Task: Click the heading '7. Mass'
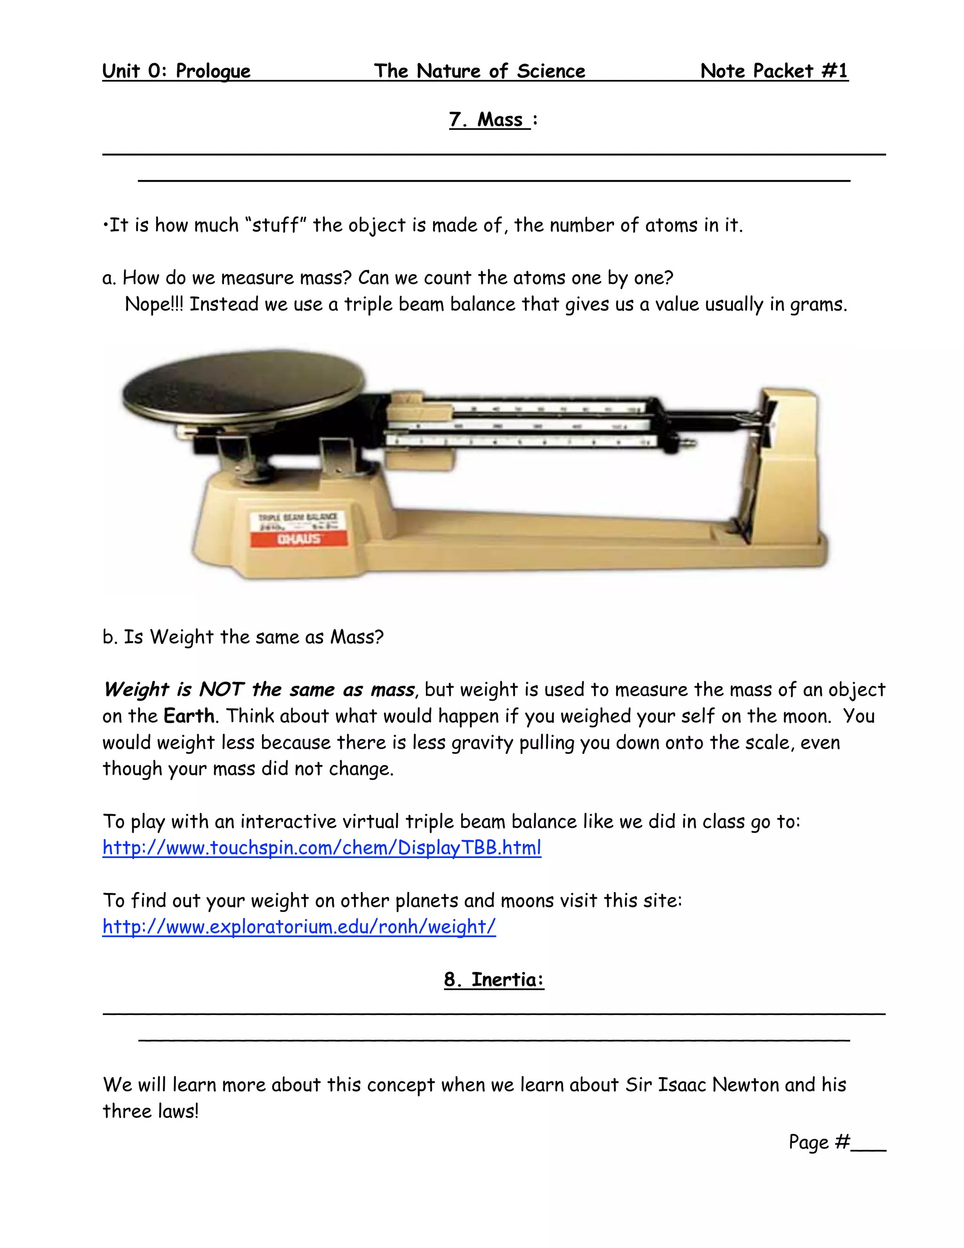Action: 490,120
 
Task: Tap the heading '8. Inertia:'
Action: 494,980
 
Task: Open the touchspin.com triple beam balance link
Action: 321,847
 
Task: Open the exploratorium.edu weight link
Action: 299,926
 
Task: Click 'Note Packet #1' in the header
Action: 774,71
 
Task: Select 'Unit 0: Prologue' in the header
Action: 176,71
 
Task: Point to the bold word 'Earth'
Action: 188,716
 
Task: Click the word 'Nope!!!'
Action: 154,304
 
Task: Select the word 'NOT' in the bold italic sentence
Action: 221,690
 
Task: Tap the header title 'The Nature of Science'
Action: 479,71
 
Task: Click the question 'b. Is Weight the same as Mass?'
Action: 243,637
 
